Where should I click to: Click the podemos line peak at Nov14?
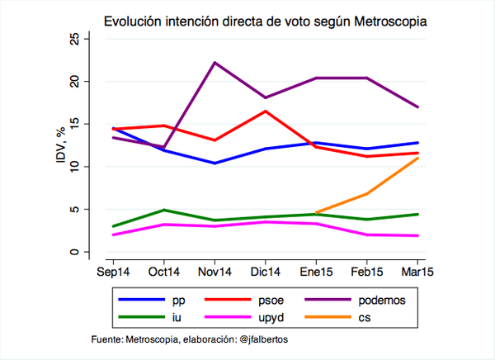[214, 63]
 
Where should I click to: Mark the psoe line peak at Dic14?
[265, 111]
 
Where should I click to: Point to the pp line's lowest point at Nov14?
[214, 163]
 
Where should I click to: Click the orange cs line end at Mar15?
[417, 158]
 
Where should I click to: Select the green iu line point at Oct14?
[163, 210]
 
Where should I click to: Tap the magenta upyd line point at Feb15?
[367, 234]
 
